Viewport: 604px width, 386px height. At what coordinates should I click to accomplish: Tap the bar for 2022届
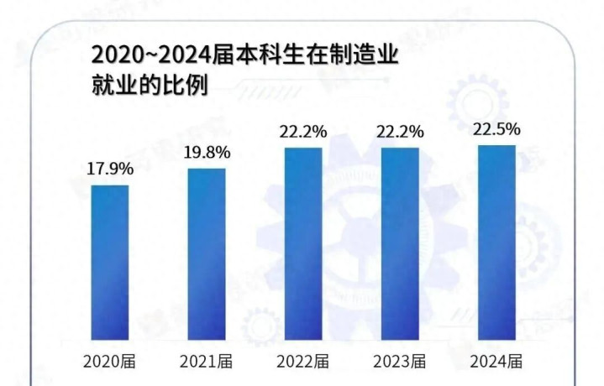point(303,243)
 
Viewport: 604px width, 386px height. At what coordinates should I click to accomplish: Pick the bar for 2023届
point(400,243)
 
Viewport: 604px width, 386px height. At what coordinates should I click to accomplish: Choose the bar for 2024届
point(496,242)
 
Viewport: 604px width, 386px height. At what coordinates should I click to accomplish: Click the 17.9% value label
point(110,168)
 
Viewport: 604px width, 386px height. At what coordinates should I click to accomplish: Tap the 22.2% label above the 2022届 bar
point(303,132)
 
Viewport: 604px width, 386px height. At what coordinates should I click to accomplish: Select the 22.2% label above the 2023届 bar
point(400,132)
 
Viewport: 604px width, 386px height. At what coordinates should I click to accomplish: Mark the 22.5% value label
point(496,129)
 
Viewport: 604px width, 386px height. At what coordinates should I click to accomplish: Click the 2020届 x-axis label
point(111,363)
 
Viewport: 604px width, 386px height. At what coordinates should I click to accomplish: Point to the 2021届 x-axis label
point(207,363)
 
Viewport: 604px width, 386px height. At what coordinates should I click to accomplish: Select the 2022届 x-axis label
point(304,363)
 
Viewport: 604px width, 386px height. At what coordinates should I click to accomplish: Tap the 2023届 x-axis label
point(400,363)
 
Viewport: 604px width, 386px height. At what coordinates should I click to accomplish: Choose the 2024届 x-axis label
point(496,363)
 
